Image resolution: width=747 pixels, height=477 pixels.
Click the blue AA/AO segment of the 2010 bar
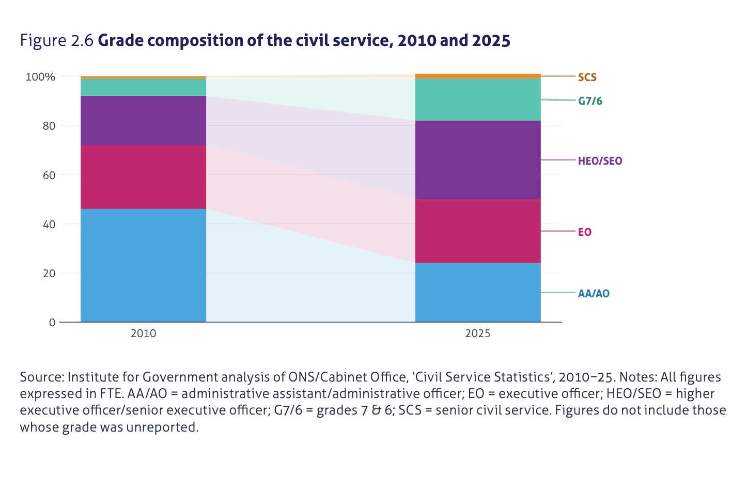[x=143, y=265]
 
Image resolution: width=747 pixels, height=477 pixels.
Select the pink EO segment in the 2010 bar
[x=143, y=177]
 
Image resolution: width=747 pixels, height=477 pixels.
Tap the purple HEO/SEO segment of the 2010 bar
[x=143, y=120]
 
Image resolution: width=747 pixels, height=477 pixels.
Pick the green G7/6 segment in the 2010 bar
[x=143, y=87]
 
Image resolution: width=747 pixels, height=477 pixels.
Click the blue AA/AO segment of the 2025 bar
[x=478, y=292]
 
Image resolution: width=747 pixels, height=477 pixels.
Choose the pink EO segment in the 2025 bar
[x=478, y=231]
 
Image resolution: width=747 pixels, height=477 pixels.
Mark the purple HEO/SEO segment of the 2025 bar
[x=478, y=160]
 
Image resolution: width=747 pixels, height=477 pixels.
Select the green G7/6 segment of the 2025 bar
[x=478, y=100]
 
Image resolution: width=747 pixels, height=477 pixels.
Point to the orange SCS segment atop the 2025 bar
[x=478, y=76]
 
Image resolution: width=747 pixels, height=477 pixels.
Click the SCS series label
[x=587, y=77]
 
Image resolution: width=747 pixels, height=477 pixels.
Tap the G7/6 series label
[x=590, y=101]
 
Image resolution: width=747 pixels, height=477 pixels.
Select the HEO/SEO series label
[x=600, y=161]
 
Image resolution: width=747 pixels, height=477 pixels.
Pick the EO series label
[x=584, y=232]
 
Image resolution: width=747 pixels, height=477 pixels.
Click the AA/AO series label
[x=594, y=294]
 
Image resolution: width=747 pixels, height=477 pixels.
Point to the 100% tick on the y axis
[x=40, y=77]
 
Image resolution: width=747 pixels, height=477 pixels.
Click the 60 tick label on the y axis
[x=49, y=175]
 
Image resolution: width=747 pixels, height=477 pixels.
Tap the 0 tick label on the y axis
[x=52, y=323]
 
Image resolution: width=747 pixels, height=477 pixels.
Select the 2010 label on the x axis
[x=143, y=333]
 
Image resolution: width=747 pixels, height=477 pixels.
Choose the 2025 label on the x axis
[x=477, y=333]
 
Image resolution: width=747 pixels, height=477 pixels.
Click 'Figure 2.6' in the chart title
[x=56, y=40]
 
